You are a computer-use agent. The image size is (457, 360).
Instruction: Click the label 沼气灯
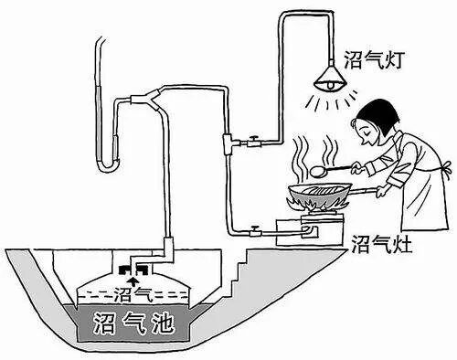tap(370, 56)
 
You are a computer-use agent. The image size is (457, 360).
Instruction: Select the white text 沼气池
tap(136, 323)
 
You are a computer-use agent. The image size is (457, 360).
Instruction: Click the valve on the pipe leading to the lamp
tap(251, 142)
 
